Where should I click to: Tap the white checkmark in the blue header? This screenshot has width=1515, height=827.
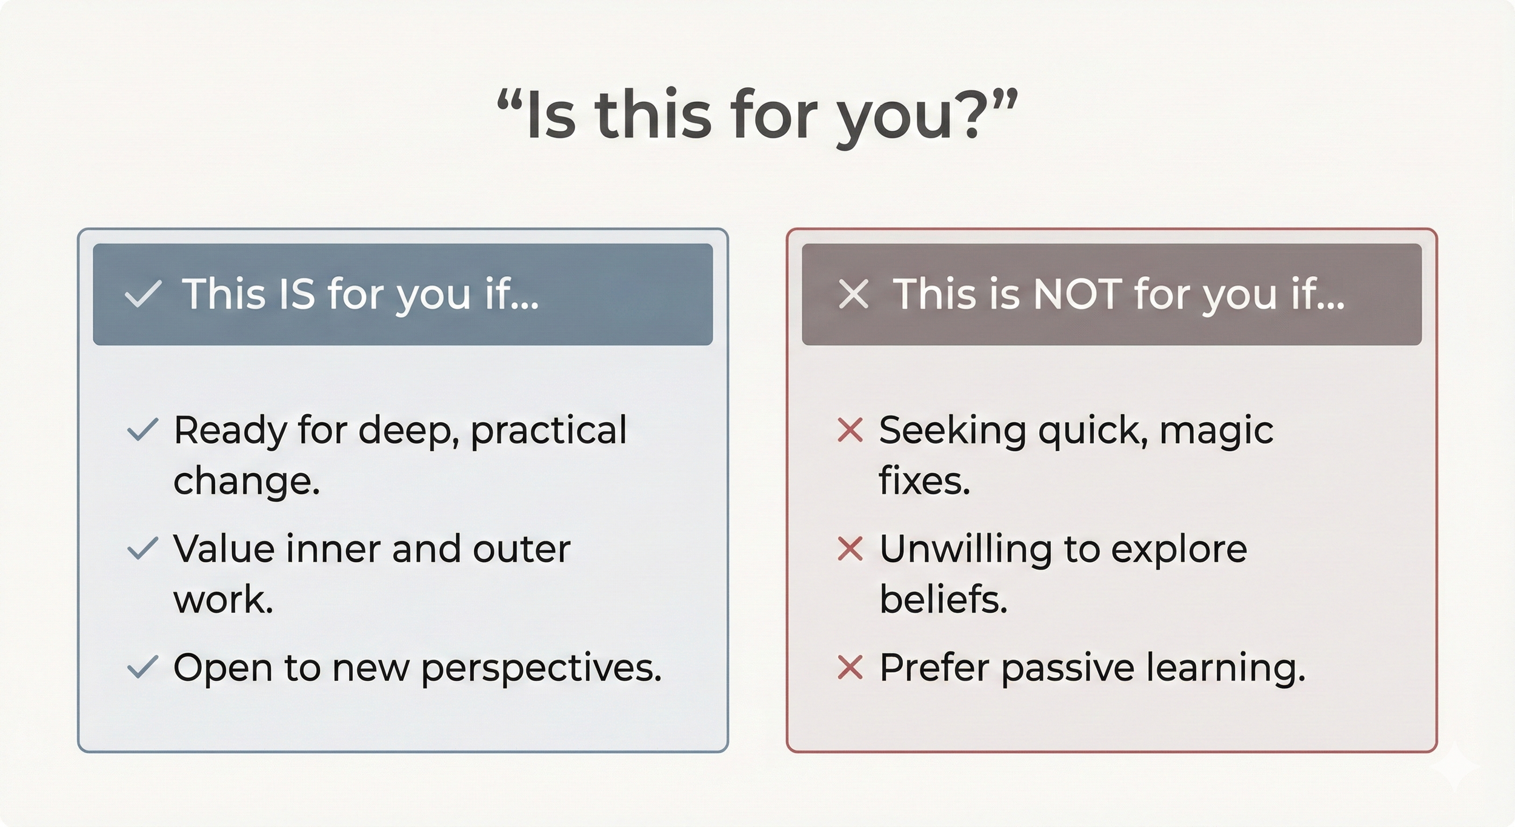(x=142, y=294)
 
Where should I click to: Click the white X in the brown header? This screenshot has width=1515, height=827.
(x=853, y=294)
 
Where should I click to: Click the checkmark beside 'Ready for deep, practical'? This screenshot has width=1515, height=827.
(x=142, y=430)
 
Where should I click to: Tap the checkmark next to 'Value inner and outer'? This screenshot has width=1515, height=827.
(x=142, y=549)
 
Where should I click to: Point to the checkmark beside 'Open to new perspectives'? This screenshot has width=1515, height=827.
(x=142, y=668)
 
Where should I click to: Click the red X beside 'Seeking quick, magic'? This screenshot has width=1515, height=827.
(x=850, y=430)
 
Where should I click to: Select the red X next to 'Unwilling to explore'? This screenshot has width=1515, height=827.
(x=850, y=549)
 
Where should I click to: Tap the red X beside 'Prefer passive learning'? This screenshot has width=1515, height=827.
(x=850, y=668)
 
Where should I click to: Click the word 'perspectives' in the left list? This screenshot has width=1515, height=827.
(x=541, y=669)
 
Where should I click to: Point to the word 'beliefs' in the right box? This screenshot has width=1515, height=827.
(x=943, y=600)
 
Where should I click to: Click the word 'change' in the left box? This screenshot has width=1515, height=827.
(x=246, y=482)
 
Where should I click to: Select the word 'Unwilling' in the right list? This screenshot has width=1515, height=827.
(x=965, y=550)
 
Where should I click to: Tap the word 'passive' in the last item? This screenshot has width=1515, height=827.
(x=1068, y=669)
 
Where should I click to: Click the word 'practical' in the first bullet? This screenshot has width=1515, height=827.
(x=548, y=432)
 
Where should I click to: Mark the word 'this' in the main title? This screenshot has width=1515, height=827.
(x=653, y=115)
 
